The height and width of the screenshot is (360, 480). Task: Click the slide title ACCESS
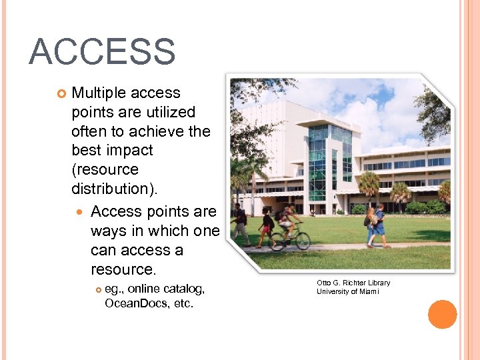[102, 52]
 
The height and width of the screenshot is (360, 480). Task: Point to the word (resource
[105, 170]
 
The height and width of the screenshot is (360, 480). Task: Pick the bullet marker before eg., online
[99, 289]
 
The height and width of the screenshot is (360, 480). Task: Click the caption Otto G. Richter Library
[353, 283]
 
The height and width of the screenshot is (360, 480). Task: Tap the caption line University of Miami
[348, 291]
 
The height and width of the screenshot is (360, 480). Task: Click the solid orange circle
[443, 314]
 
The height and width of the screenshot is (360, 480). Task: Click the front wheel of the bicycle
[303, 241]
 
